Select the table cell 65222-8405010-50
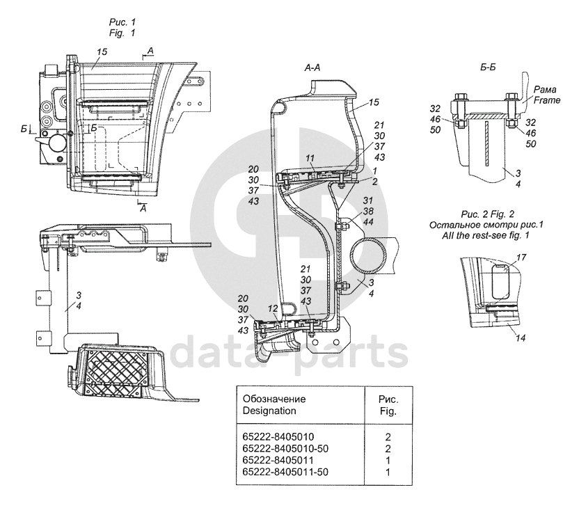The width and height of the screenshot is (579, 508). (x=284, y=447)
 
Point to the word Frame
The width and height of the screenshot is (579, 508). (x=547, y=100)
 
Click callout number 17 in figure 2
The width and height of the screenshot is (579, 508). (x=522, y=257)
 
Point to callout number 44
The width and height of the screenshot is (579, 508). (x=369, y=221)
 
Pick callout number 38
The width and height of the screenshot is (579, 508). (x=369, y=211)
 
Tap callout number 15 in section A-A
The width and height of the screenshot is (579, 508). (x=373, y=102)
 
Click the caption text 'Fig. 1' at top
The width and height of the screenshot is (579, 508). (x=122, y=33)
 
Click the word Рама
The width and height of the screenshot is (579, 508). (x=544, y=90)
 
